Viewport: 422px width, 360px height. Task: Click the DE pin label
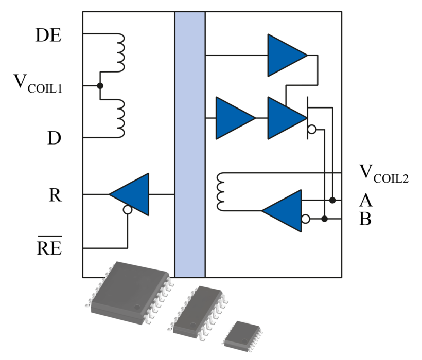[x=48, y=35]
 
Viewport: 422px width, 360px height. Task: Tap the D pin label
[x=54, y=138]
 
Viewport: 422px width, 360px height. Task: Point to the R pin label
[x=55, y=195]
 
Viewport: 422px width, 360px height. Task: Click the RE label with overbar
[x=49, y=248]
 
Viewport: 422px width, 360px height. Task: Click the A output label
[x=366, y=201]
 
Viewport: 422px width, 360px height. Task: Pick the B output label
[x=365, y=220]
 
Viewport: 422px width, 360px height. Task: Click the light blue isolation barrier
[x=190, y=144]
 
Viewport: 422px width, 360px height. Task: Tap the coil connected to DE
[x=119, y=52]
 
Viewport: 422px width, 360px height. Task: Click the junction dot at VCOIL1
[x=100, y=86]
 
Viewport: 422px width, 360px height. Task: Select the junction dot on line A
[x=332, y=200]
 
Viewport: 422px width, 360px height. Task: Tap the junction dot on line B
[x=324, y=219]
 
